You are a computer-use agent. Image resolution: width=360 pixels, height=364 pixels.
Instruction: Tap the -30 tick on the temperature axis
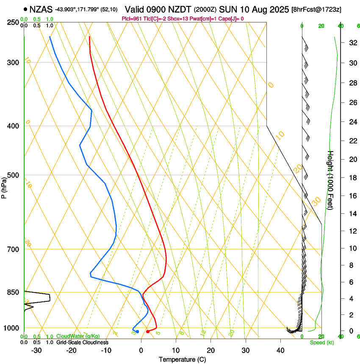click(x=36, y=350)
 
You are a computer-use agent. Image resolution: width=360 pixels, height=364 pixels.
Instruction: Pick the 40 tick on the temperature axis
click(x=280, y=350)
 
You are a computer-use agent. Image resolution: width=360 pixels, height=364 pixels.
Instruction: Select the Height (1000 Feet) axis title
click(x=331, y=180)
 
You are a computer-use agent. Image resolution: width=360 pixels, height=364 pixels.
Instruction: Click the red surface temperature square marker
click(x=147, y=331)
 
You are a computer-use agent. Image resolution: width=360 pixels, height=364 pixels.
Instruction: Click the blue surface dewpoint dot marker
click(x=137, y=331)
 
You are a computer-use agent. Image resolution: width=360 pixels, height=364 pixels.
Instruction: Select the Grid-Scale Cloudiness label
click(x=82, y=342)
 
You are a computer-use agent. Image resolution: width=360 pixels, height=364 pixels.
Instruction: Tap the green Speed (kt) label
click(x=321, y=342)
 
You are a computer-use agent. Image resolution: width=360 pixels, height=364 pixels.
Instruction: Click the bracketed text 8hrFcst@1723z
click(x=317, y=9)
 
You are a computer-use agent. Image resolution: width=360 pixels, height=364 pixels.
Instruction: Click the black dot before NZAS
click(x=26, y=9)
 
